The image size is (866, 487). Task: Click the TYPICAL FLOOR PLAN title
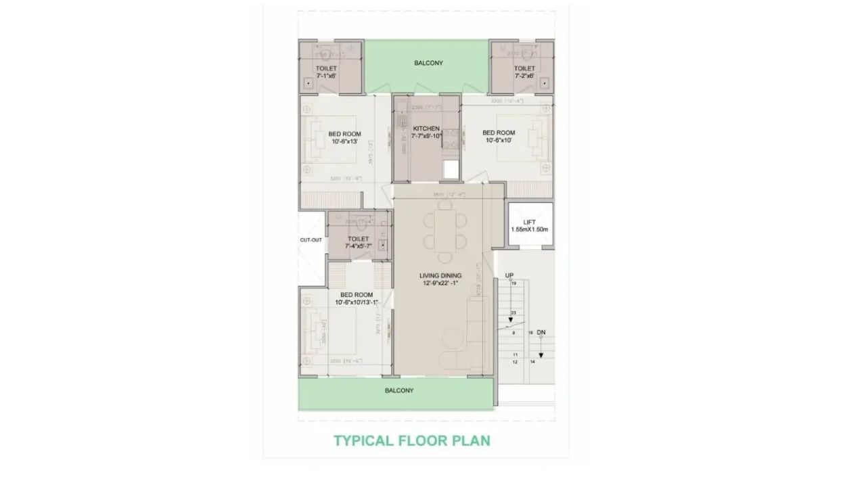click(x=411, y=441)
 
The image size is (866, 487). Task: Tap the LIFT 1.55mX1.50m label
click(x=530, y=226)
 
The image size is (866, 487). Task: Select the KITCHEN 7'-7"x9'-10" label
click(x=427, y=132)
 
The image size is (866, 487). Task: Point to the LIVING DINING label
click(x=440, y=279)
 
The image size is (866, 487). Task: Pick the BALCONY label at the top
click(x=428, y=63)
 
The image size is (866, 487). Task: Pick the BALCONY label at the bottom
click(x=399, y=390)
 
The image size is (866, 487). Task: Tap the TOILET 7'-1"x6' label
click(x=326, y=72)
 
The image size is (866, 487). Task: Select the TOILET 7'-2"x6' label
click(x=524, y=72)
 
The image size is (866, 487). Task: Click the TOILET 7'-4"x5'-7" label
click(x=358, y=243)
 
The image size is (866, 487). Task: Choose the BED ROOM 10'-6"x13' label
click(x=345, y=138)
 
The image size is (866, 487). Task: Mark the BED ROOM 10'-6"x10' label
click(x=499, y=137)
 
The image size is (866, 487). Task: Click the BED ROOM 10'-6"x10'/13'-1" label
click(x=357, y=298)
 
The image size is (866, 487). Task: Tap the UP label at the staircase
click(x=509, y=275)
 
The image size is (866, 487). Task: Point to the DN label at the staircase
click(x=541, y=332)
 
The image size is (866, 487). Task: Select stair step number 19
click(x=514, y=284)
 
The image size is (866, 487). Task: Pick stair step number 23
click(x=514, y=312)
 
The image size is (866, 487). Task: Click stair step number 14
click(x=532, y=363)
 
